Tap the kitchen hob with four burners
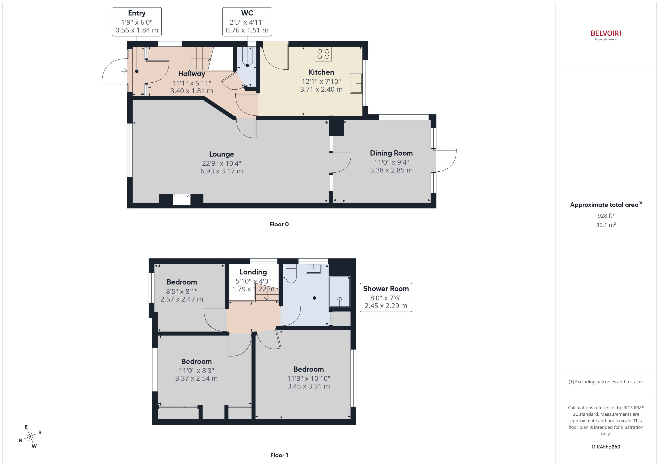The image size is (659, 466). tap(323, 54)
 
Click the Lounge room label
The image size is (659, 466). tap(221, 154)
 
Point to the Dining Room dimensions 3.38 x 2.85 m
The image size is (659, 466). tap(391, 170)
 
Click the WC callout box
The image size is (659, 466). tap(247, 22)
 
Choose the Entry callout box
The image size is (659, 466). tap(137, 22)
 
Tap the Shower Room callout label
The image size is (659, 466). tap(386, 289)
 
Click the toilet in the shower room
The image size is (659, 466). tap(291, 274)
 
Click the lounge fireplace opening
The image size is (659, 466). tap(182, 200)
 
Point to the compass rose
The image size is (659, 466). tap(30, 437)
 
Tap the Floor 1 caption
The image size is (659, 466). tap(279, 455)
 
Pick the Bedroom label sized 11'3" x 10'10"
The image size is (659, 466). tap(308, 369)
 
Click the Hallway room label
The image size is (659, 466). tap(191, 74)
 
